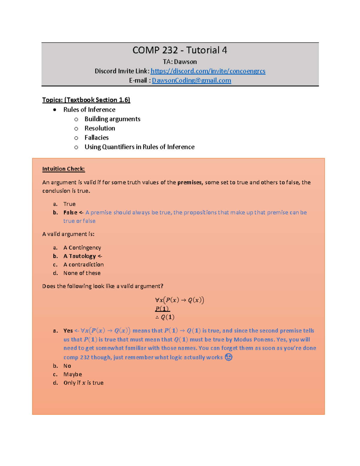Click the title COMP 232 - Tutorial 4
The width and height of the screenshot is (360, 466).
tap(180, 50)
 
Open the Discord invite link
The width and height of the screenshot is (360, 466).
tap(208, 71)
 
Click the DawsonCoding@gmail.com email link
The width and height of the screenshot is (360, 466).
tap(191, 80)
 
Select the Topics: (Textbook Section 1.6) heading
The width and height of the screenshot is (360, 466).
tap(86, 100)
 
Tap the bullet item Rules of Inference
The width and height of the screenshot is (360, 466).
tap(89, 110)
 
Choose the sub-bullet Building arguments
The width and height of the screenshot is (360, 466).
tap(112, 119)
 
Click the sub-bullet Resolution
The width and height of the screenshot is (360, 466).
tap(100, 128)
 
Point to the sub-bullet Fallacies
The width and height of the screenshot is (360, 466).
tap(96, 137)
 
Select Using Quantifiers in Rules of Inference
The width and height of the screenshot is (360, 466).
tap(139, 147)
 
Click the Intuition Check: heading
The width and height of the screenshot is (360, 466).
tap(63, 169)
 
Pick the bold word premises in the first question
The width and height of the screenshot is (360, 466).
tap(190, 182)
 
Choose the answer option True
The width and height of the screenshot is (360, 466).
tap(69, 204)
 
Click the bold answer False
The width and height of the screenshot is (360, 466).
tap(70, 212)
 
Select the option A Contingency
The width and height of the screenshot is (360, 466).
tap(82, 248)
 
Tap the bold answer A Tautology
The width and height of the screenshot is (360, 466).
tap(79, 256)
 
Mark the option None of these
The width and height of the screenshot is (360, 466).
tap(82, 273)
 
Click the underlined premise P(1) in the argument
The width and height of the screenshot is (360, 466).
tap(162, 309)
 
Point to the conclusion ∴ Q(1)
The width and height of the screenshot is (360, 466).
tap(165, 317)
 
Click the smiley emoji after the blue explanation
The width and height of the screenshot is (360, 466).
tap(229, 357)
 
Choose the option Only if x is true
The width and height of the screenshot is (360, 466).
tap(83, 383)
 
